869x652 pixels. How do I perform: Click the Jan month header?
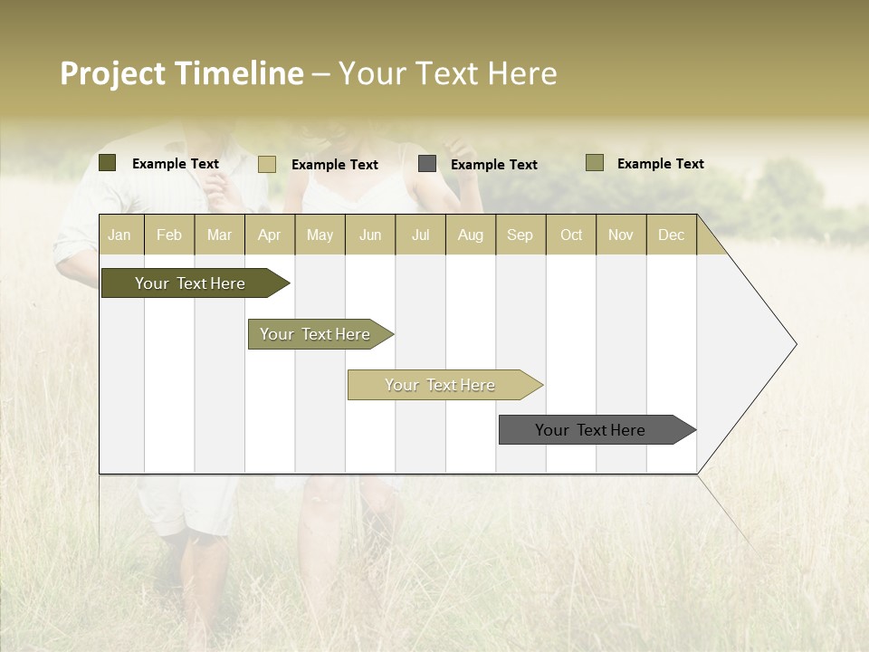[119, 235]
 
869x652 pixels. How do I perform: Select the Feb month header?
[169, 235]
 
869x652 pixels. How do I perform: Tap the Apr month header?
[269, 235]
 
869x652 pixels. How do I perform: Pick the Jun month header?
[370, 235]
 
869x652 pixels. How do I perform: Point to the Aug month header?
[470, 235]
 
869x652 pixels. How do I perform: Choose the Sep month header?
[520, 235]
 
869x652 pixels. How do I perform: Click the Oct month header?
[571, 235]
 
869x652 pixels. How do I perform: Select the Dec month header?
[671, 235]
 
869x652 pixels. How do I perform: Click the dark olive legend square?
[108, 163]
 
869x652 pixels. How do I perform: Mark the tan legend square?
[267, 164]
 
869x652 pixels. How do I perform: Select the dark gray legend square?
[427, 164]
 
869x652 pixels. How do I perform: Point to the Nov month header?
[621, 235]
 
